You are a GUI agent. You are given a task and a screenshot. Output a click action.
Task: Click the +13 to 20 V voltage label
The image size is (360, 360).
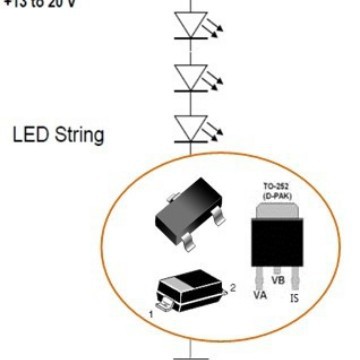tap(37, 3)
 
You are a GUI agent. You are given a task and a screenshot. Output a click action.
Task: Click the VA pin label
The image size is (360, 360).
tap(258, 295)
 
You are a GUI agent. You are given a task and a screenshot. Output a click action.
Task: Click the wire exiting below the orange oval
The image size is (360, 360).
tap(187, 351)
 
